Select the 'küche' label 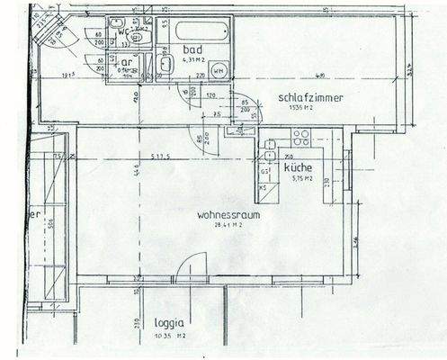(298, 168)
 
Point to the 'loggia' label (168, 321)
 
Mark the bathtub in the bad (201, 31)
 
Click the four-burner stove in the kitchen (299, 138)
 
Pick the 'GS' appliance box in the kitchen (265, 171)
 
